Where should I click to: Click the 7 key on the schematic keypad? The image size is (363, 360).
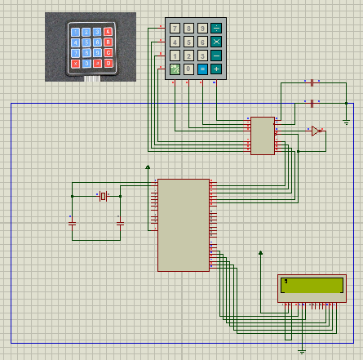coord(175,28)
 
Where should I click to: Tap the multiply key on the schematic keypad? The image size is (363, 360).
coord(216,42)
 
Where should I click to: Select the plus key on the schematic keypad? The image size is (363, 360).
coord(216,69)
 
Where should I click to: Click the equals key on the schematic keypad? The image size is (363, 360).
coord(202,69)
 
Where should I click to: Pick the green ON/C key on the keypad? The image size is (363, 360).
coord(175,69)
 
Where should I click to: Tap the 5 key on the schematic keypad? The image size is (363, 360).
coord(188,42)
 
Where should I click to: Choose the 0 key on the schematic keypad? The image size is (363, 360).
coord(188,69)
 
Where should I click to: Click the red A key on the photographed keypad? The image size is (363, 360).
coord(108,32)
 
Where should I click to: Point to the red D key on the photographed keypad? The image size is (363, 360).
coord(108,62)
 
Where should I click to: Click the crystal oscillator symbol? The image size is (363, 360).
coord(103,196)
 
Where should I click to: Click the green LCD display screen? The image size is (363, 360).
coord(312,285)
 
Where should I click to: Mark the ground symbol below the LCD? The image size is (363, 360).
coord(302,351)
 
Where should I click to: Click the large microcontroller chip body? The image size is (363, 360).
coord(184,224)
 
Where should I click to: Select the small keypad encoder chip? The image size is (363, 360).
coord(262,136)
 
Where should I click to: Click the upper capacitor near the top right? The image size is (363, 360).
coord(312,82)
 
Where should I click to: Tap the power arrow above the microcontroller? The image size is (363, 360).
coord(148,167)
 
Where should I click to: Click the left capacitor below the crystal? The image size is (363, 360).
coord(72,221)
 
